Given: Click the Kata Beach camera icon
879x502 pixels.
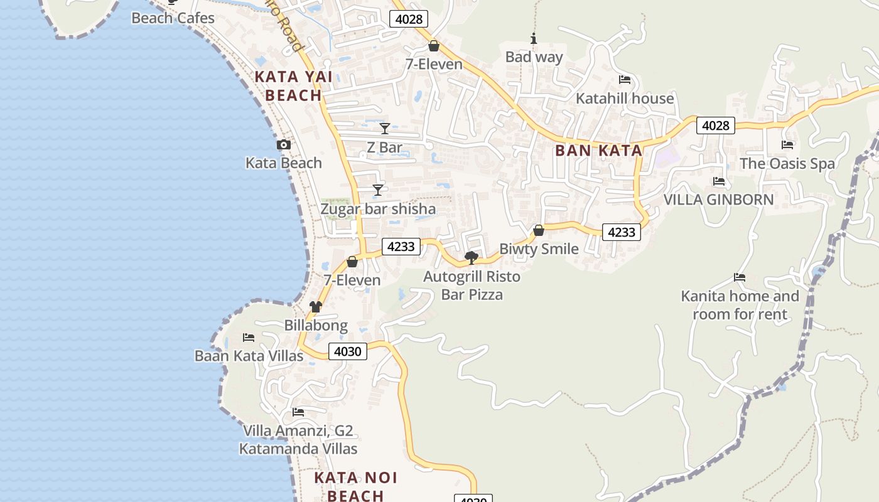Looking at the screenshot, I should pyautogui.click(x=283, y=145).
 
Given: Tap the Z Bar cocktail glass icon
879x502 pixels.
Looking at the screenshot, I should pyautogui.click(x=385, y=129).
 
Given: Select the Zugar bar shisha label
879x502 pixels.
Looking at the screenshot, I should pyautogui.click(x=378, y=209).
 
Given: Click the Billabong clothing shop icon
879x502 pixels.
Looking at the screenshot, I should pyautogui.click(x=316, y=307).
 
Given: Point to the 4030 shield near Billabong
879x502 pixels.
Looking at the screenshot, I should pyautogui.click(x=347, y=351).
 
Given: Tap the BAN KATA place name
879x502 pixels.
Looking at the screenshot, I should pyautogui.click(x=598, y=151).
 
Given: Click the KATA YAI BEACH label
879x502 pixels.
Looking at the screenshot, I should pyautogui.click(x=293, y=87).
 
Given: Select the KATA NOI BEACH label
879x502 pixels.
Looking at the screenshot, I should pyautogui.click(x=355, y=486).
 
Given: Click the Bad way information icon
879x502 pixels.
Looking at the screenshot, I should pyautogui.click(x=534, y=39).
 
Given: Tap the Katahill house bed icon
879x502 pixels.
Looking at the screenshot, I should pyautogui.click(x=625, y=80).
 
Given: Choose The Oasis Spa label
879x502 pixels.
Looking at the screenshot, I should pyautogui.click(x=787, y=164).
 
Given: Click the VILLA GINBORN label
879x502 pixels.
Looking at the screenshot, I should pyautogui.click(x=719, y=200).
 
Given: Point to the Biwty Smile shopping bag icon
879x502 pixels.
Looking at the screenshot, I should pyautogui.click(x=538, y=230).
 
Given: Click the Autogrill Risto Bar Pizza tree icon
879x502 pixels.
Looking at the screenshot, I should pyautogui.click(x=471, y=257).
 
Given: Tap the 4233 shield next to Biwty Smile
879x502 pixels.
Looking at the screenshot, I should pyautogui.click(x=622, y=232).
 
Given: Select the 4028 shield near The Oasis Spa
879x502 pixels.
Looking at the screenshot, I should pyautogui.click(x=715, y=125).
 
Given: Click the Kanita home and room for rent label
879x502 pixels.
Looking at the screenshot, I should pyautogui.click(x=740, y=305).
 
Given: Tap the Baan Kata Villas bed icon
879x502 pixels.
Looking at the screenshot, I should pyautogui.click(x=249, y=338).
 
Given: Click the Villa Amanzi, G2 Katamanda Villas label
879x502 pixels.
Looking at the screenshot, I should pyautogui.click(x=298, y=440).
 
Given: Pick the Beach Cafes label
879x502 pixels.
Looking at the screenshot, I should pyautogui.click(x=173, y=18).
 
